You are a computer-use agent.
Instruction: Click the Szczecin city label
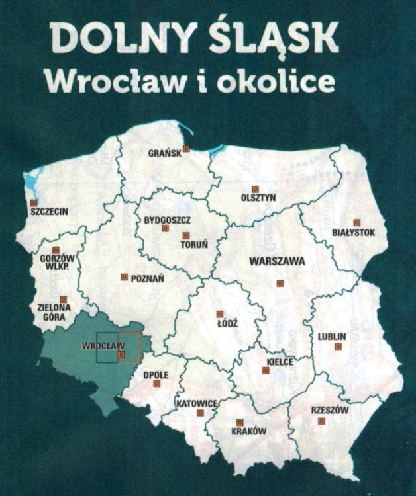[50, 212]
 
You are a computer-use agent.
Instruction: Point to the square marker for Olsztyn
[254, 188]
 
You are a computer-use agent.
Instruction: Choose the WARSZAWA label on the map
[277, 261]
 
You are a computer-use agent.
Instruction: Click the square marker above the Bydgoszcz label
[166, 228]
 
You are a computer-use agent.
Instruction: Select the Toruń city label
[194, 245]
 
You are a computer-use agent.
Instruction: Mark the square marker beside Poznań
[124, 277]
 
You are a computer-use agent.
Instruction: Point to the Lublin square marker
[338, 346]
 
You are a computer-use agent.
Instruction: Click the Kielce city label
[280, 362]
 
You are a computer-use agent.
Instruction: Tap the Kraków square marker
[240, 422]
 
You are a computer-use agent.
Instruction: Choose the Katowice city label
[197, 403]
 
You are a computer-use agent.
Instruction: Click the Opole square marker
[157, 384]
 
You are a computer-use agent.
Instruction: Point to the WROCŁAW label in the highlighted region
[103, 346]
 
